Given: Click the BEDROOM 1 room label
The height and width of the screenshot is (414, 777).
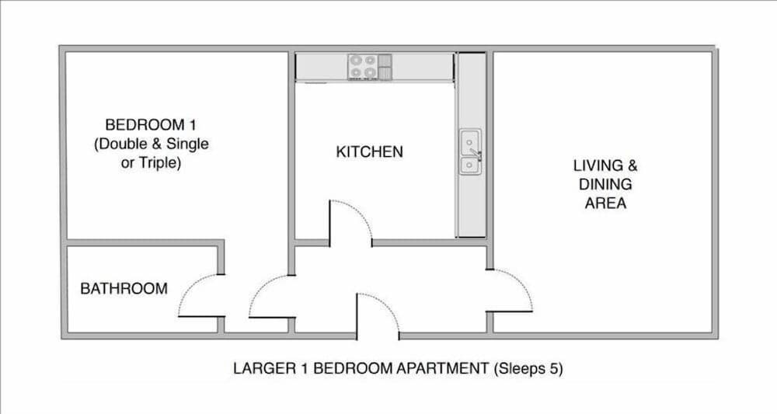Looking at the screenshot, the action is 150,124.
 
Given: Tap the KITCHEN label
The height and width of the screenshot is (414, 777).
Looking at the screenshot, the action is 369,151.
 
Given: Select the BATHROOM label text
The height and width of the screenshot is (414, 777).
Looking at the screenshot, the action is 124,288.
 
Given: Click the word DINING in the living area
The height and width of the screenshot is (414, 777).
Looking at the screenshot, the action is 605,184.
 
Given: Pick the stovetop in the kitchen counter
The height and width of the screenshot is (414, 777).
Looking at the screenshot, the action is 363,67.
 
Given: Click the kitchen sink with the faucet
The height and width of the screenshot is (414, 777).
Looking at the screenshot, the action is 470,151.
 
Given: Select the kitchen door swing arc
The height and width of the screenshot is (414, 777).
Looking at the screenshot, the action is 359,212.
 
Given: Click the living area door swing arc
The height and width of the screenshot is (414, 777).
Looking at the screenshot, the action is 523,284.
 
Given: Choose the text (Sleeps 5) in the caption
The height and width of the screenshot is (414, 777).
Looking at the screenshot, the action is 528,369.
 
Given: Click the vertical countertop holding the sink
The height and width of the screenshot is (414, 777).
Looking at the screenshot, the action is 471,145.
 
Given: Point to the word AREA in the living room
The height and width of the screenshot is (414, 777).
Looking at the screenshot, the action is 605,203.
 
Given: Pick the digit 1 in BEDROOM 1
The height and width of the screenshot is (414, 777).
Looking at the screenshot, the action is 192,124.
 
